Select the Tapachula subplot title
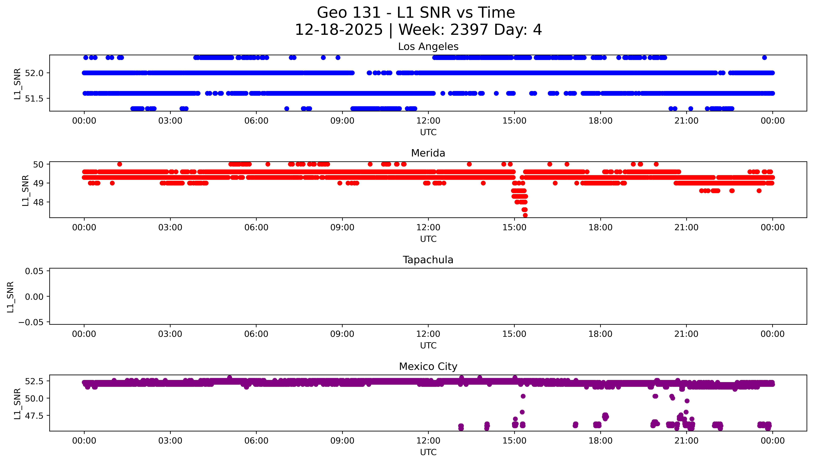pyautogui.click(x=428, y=260)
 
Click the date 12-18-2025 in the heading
pyautogui.click(x=339, y=30)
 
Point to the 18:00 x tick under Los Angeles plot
pyautogui.click(x=600, y=121)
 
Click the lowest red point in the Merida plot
pyautogui.click(x=525, y=215)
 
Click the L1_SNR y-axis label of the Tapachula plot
pyautogui.click(x=11, y=297)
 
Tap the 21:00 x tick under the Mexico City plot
pyautogui.click(x=686, y=441)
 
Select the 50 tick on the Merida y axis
pyautogui.click(x=38, y=164)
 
